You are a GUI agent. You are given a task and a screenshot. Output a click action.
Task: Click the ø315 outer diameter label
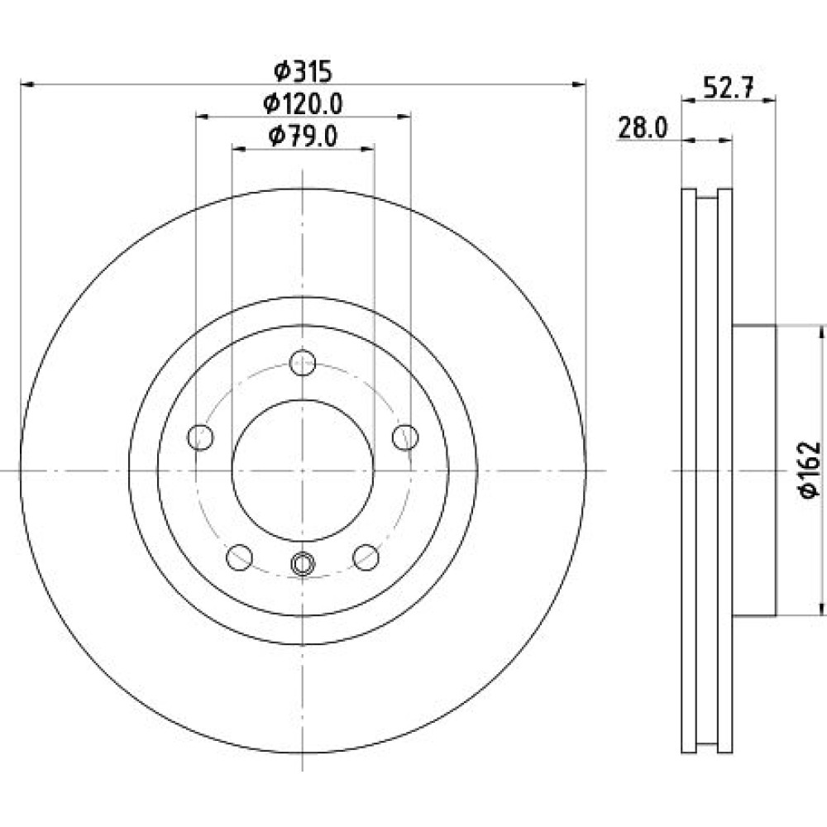[303, 72]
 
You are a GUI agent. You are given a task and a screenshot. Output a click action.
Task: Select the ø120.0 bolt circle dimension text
[303, 104]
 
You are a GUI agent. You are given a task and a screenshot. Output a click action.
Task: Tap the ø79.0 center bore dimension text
[303, 136]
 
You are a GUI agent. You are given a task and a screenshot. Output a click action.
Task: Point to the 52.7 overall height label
[729, 88]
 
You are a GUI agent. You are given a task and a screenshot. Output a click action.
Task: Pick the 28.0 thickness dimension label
[643, 128]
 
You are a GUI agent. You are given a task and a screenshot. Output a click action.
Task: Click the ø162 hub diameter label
[810, 470]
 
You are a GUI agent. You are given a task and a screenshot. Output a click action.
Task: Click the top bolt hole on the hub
[303, 363]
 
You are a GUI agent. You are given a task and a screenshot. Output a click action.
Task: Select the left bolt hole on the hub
[200, 437]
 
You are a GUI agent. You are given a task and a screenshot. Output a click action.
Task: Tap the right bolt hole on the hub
[405, 437]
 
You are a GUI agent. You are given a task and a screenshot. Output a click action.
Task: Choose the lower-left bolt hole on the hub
[240, 557]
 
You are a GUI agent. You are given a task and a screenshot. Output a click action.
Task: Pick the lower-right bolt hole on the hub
[366, 557]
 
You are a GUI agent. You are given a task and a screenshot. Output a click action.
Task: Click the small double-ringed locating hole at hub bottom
[303, 564]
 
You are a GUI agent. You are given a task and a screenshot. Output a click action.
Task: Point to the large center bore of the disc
[303, 471]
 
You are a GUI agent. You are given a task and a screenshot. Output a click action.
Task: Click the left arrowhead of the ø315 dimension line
[27, 84]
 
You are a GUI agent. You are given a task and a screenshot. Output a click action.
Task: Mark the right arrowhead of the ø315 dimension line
[579, 84]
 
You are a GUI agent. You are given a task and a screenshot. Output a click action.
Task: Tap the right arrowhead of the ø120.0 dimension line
[404, 117]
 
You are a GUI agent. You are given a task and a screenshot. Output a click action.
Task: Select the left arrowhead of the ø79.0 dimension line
[240, 150]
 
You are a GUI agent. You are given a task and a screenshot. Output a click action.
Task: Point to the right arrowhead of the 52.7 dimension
[769, 99]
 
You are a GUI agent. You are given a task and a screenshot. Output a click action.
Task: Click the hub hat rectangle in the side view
[754, 471]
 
